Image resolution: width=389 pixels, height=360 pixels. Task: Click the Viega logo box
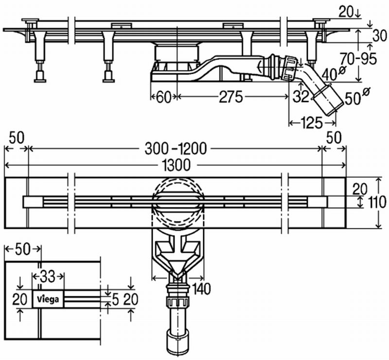point(49,299)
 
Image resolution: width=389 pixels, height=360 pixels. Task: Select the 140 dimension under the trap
point(201,289)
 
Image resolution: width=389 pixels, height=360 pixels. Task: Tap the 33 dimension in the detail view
point(48,276)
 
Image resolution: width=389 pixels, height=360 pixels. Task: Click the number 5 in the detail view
point(114,299)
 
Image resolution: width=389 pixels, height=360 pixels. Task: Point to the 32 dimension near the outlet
point(301,97)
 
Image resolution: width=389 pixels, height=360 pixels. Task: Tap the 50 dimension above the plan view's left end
point(16,137)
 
